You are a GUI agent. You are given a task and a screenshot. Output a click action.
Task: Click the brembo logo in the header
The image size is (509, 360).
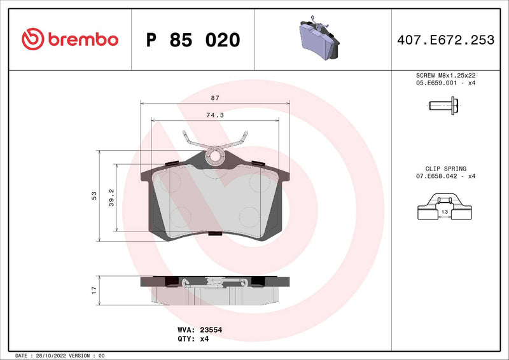(x=70, y=39)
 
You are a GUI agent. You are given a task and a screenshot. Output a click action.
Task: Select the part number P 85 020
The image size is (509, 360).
(x=193, y=40)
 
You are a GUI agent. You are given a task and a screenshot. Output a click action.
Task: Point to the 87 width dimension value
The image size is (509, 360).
(x=215, y=98)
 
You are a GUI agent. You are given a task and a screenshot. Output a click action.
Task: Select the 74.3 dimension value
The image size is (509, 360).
(x=213, y=116)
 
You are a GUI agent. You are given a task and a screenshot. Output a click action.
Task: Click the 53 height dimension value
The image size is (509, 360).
(x=94, y=195)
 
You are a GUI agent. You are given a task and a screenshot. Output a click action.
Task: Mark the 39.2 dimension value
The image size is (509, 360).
(x=111, y=196)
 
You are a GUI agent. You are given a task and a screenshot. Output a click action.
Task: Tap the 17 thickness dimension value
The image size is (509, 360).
(x=94, y=289)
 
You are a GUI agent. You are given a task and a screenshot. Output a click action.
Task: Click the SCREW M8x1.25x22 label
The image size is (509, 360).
(x=445, y=75)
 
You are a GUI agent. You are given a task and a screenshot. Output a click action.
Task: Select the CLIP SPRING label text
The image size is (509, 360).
(x=445, y=169)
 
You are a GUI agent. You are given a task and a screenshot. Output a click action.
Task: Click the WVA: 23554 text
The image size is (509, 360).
(x=199, y=330)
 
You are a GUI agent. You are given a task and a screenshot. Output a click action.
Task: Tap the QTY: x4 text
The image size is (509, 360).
(x=193, y=339)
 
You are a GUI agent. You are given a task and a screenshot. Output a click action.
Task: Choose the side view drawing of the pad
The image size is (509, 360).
(x=215, y=290)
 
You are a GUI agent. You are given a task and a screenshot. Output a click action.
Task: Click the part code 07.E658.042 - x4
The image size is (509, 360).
(x=445, y=176)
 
